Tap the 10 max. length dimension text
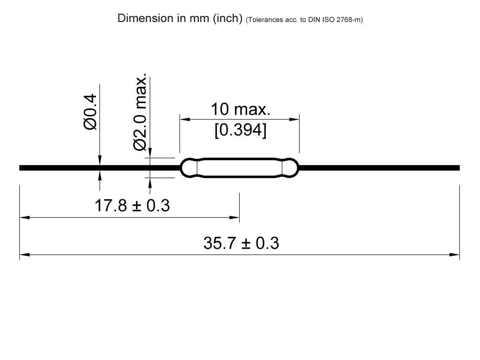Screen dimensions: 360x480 (240, 109)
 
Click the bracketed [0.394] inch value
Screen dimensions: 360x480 (240, 131)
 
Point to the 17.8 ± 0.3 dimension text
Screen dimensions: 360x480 (132, 206)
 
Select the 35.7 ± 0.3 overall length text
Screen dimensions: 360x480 (241, 243)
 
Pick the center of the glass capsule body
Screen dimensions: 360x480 (240, 168)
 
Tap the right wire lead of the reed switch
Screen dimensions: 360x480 (380, 168)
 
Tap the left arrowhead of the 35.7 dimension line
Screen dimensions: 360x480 (24, 254)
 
